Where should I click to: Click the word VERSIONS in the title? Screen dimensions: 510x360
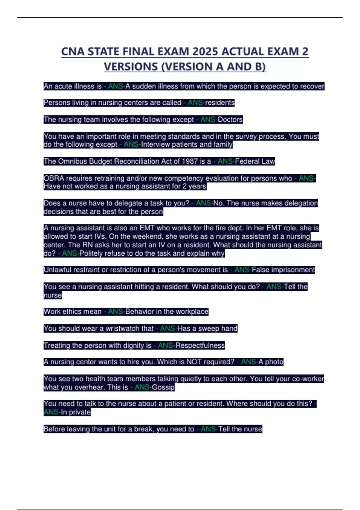tap(131, 67)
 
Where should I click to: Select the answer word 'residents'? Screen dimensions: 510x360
tap(220, 103)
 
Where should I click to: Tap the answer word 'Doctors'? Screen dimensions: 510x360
tap(230, 119)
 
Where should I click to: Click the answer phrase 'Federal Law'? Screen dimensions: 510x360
tap(255, 161)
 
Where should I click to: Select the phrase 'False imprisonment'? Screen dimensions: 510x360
tap(283, 270)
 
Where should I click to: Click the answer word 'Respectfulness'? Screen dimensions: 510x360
tap(200, 345)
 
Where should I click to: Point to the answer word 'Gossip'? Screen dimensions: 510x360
tap(163, 387)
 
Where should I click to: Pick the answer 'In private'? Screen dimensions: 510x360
tap(76, 412)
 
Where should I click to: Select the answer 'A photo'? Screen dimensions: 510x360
tap(271, 362)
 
